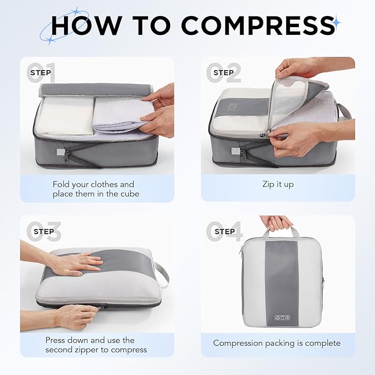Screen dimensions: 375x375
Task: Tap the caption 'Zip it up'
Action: tap(278, 184)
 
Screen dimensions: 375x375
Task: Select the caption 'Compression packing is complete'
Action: tap(277, 343)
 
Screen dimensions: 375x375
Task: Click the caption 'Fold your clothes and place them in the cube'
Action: tap(93, 189)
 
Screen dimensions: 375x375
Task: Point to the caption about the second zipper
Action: tap(96, 345)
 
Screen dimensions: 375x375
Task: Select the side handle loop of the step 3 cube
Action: tap(162, 274)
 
